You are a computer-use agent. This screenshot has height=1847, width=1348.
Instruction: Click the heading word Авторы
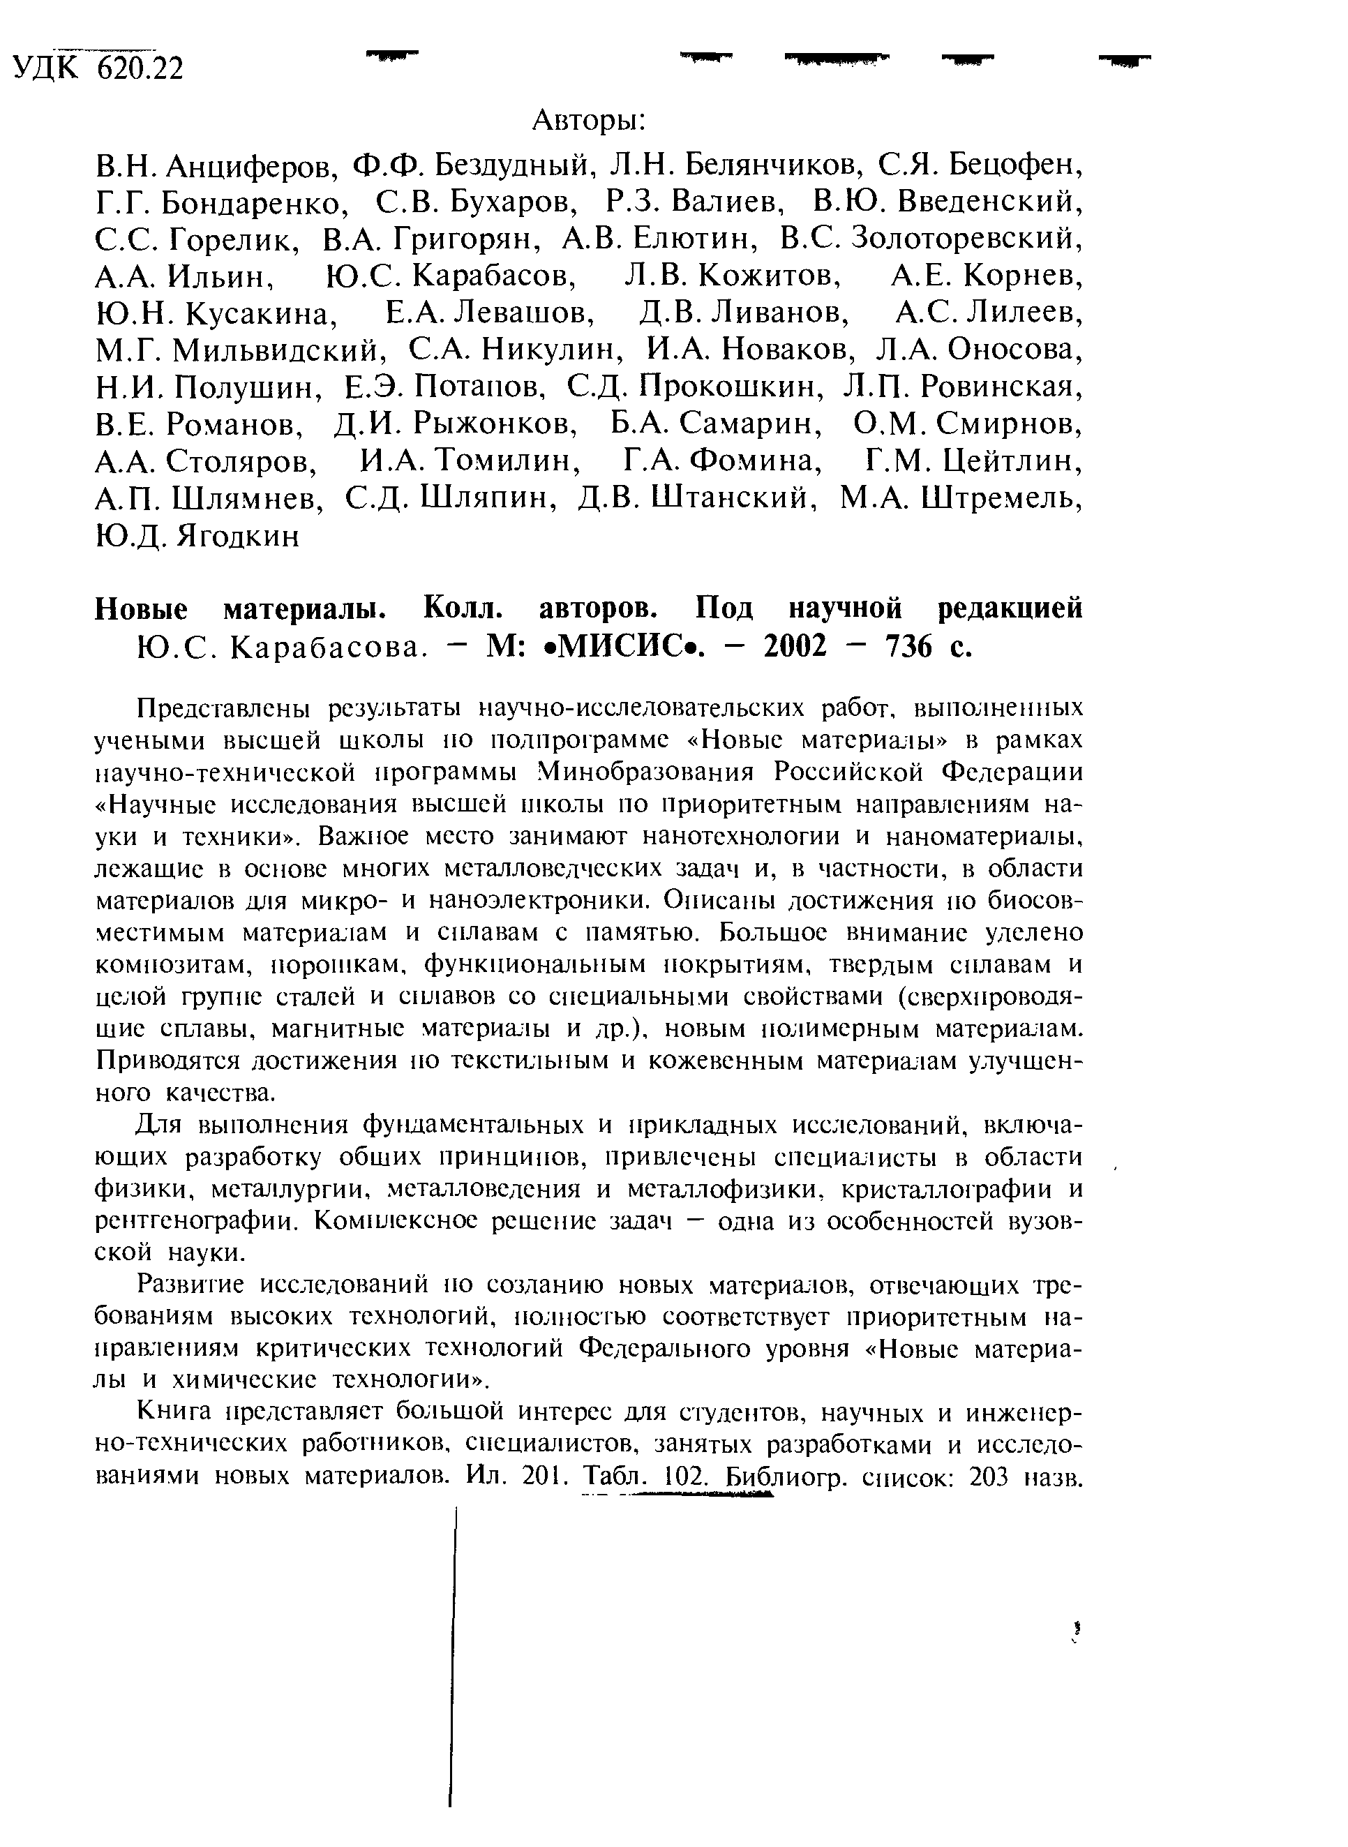click(x=588, y=121)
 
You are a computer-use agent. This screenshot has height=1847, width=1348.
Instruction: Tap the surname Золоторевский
click(x=968, y=239)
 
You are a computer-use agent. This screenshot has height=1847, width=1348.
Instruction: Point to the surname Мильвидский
click(x=278, y=350)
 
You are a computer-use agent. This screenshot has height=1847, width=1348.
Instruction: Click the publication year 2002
click(x=795, y=647)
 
